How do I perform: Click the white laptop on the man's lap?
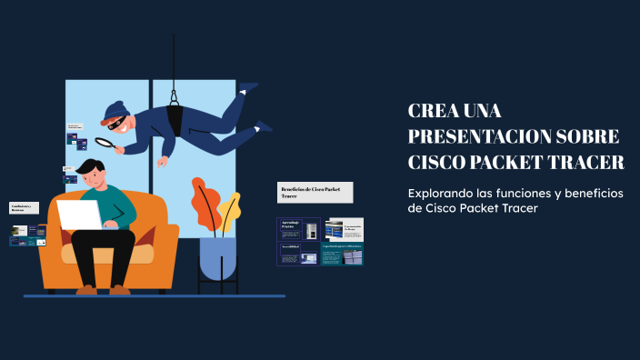coord(80,215)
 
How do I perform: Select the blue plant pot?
coord(217,257)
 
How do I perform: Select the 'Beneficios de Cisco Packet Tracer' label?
coord(314,192)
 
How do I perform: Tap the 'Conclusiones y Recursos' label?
coord(25,207)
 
